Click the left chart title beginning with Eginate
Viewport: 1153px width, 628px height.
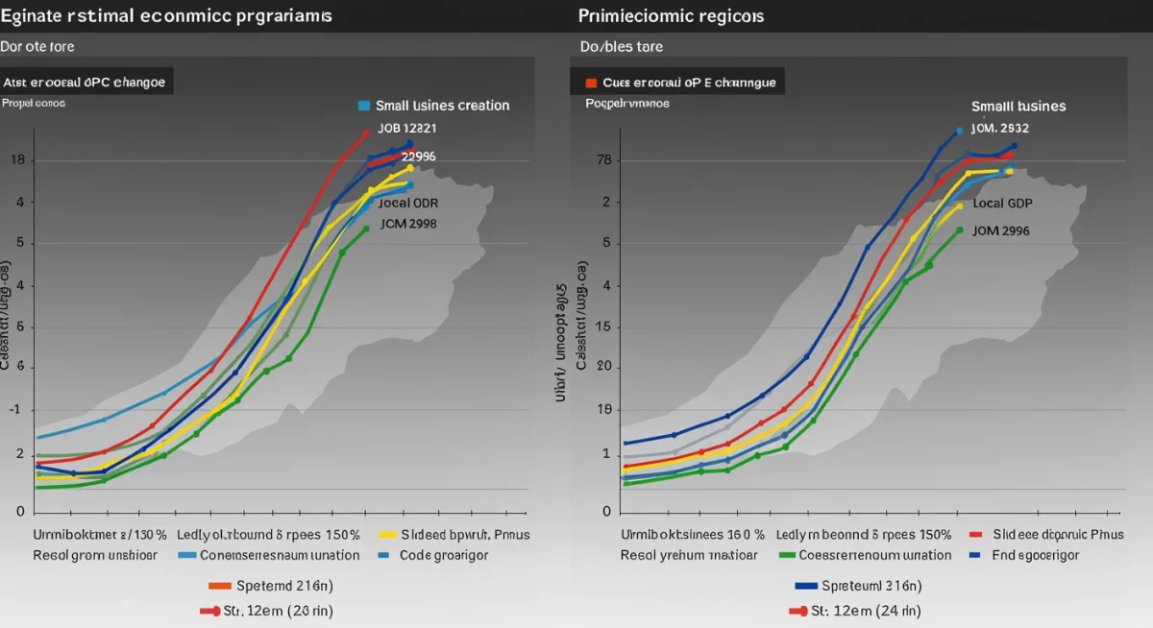[167, 16]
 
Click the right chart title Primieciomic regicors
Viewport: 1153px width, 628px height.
[672, 16]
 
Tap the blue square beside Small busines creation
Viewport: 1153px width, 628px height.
[363, 106]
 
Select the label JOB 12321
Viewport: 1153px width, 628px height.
[406, 128]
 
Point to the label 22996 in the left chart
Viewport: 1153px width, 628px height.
[420, 157]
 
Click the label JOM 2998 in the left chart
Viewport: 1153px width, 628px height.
[408, 224]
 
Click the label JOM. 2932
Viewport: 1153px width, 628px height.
[999, 128]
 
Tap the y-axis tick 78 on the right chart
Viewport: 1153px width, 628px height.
[603, 160]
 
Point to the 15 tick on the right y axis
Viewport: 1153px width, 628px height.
[603, 327]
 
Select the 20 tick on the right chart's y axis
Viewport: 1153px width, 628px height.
[603, 367]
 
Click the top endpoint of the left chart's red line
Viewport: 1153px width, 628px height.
[366, 133]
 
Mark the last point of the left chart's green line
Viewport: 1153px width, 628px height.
[366, 229]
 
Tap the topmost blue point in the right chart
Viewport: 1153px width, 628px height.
[959, 131]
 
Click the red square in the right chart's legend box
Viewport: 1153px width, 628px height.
[592, 83]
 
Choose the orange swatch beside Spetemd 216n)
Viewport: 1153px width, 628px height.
[219, 585]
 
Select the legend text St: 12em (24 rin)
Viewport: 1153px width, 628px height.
[866, 611]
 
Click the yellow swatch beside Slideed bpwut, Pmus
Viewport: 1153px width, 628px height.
[388, 535]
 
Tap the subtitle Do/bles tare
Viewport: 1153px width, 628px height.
[621, 46]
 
